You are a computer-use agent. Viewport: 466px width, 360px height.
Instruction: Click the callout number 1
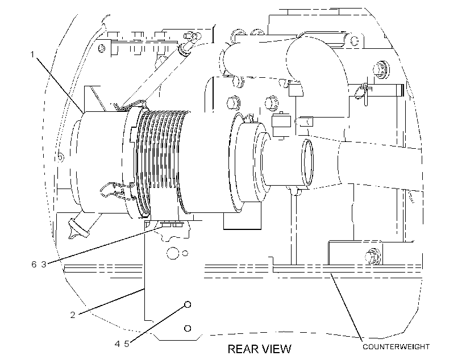click(x=32, y=55)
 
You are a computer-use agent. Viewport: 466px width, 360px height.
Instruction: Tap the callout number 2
click(x=73, y=315)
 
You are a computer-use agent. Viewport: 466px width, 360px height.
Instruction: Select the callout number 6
click(x=34, y=264)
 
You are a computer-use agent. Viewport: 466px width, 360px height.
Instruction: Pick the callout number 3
click(x=44, y=264)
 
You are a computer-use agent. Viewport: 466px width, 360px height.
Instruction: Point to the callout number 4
click(x=118, y=344)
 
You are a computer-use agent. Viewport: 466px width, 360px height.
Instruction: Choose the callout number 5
click(x=127, y=344)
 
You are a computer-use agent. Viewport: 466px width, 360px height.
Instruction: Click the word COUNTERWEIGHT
click(x=396, y=346)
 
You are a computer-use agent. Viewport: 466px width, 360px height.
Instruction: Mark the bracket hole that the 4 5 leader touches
click(x=188, y=304)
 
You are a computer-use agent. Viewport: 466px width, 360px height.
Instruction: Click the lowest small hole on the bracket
click(x=188, y=328)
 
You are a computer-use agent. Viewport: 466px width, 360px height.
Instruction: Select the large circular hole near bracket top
click(x=172, y=253)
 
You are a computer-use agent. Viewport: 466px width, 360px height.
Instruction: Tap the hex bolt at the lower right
click(x=373, y=256)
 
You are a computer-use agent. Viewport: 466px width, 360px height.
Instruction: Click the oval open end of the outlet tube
click(x=307, y=162)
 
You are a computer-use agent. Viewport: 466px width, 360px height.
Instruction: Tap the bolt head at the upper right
click(x=381, y=69)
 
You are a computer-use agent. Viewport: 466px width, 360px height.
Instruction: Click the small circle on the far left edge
click(x=60, y=157)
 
